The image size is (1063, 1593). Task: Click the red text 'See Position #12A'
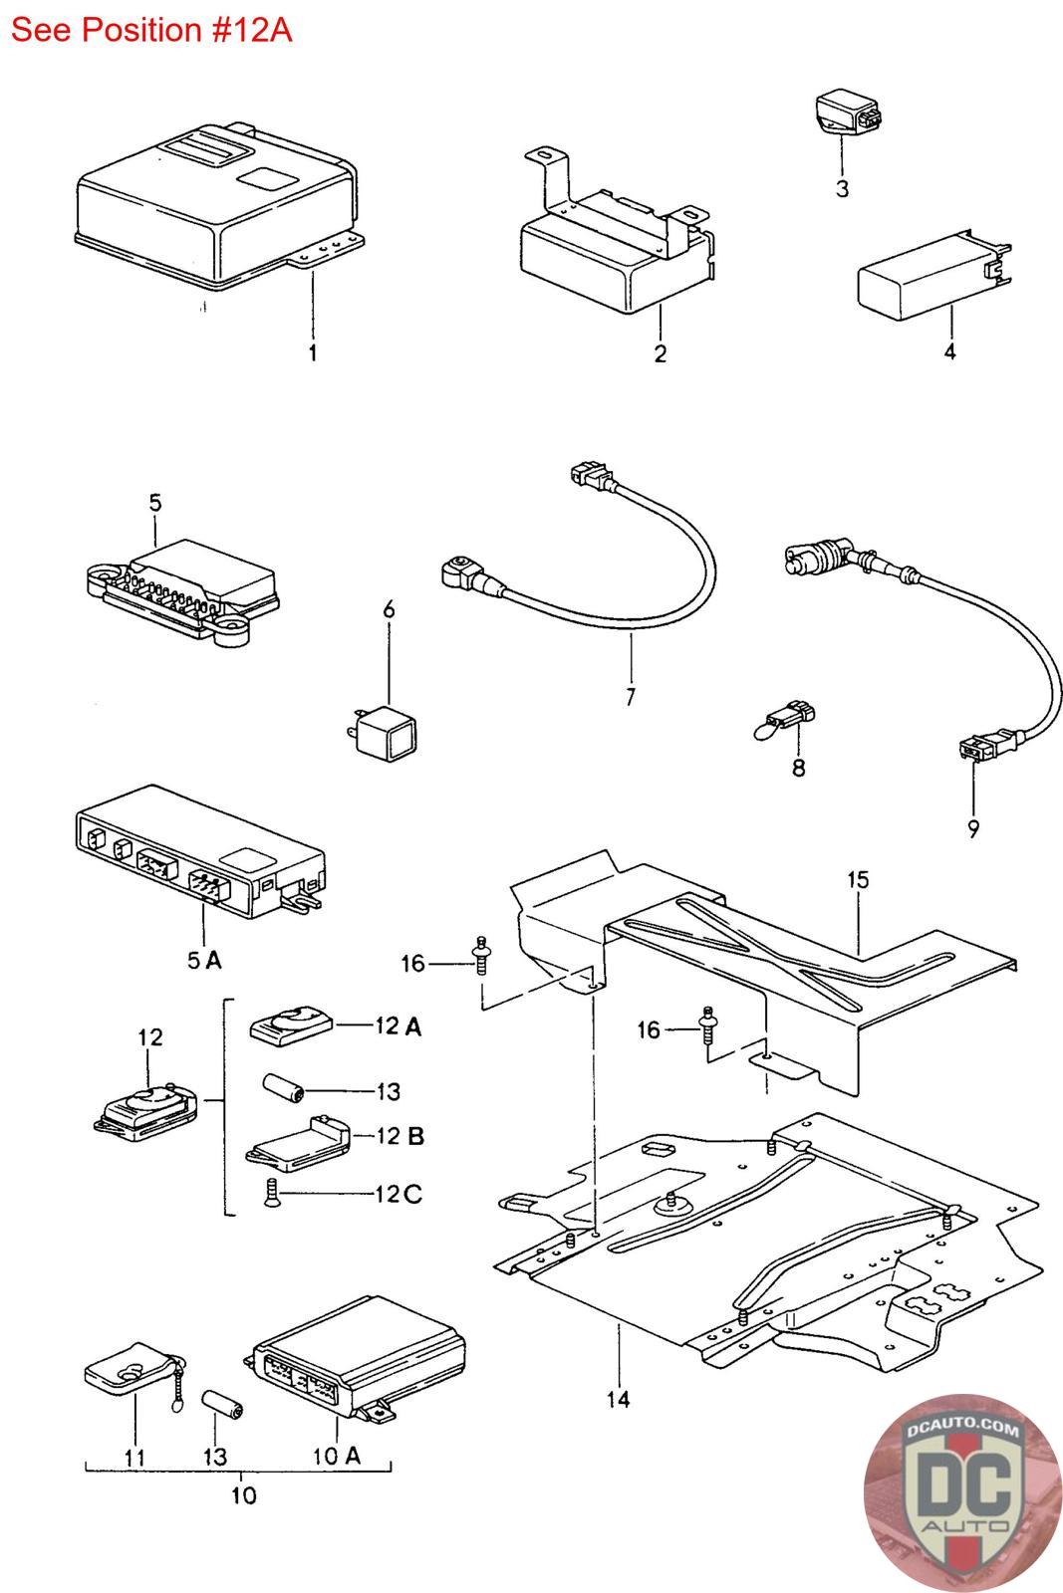150,31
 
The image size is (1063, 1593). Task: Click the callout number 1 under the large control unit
313,352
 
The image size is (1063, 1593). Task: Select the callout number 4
949,351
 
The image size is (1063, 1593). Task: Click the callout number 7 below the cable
631,696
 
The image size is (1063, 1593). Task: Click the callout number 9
973,828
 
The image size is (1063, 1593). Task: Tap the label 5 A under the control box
205,961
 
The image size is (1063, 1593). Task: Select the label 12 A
399,1026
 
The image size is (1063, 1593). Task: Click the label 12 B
399,1136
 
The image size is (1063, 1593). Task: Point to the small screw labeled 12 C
270,1193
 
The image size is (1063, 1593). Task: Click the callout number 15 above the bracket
858,880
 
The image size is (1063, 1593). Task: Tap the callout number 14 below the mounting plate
619,1400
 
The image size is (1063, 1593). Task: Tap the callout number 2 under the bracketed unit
661,353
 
